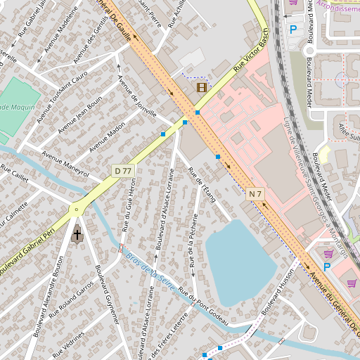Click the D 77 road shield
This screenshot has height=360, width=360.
pyautogui.click(x=122, y=171)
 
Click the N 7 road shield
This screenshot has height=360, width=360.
pyautogui.click(x=255, y=193)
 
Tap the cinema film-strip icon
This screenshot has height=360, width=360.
pyautogui.click(x=202, y=87)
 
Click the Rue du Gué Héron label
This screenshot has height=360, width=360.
pyautogui.click(x=129, y=204)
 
